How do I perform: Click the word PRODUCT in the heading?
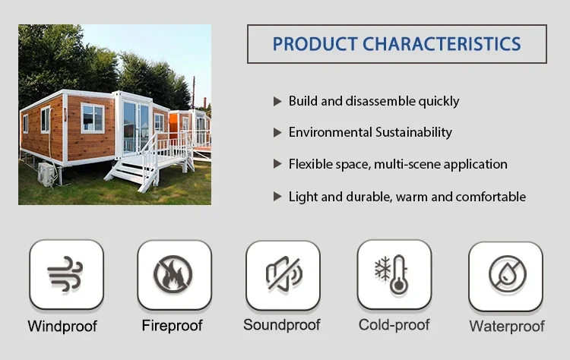(315, 44)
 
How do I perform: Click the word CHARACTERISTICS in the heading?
(442, 44)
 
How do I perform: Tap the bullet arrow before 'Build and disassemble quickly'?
(277, 101)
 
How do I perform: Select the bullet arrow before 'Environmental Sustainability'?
(277, 133)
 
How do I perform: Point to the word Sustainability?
(413, 132)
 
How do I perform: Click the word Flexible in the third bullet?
(310, 164)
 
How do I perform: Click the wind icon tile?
(67, 275)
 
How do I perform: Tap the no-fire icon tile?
(175, 275)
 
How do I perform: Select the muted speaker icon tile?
(283, 276)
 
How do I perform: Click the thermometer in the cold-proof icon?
(399, 275)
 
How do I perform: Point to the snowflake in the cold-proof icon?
(382, 268)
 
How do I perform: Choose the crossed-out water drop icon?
(508, 274)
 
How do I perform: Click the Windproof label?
(62, 327)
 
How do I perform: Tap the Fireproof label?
(172, 326)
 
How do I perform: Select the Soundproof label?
(282, 325)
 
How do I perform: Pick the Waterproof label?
(507, 327)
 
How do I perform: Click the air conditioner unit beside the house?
(46, 175)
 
